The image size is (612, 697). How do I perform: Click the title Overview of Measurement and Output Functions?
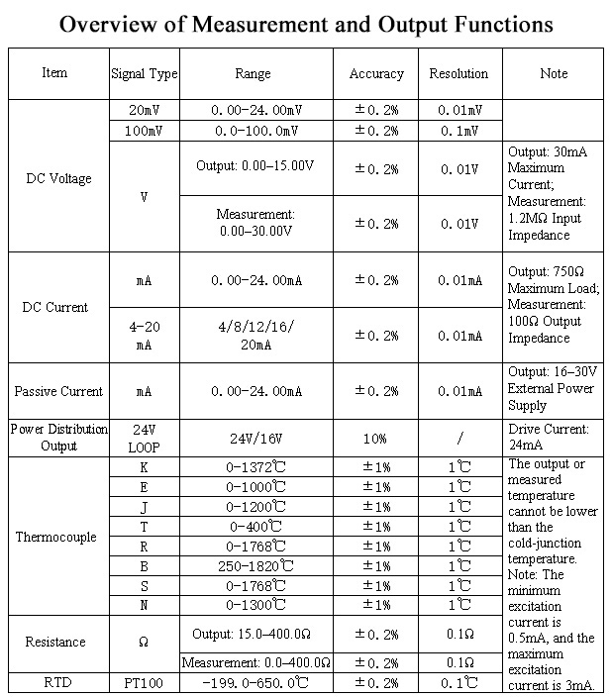(306, 24)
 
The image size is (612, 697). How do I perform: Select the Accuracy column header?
(376, 73)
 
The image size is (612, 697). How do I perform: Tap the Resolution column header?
(459, 73)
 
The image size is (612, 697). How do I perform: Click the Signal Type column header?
(145, 73)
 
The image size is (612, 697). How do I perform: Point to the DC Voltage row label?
(58, 179)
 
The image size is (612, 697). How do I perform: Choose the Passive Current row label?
(58, 391)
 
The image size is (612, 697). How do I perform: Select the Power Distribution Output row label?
(58, 437)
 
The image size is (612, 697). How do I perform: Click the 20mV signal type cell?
(145, 110)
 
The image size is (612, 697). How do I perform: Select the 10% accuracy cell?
(376, 437)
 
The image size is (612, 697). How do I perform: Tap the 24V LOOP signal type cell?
(145, 437)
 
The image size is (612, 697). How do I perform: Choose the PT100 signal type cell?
(145, 682)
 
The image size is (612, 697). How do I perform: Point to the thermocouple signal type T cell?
(145, 527)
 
